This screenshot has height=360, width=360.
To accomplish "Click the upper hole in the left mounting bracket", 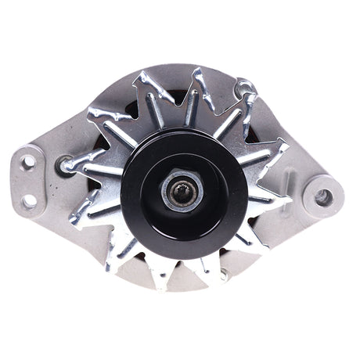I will click(x=29, y=160).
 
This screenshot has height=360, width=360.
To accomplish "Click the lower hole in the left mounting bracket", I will click(x=29, y=201).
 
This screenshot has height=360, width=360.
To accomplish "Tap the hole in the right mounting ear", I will click(x=322, y=197).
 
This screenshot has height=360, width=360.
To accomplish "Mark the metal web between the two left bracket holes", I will click(x=28, y=181).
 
